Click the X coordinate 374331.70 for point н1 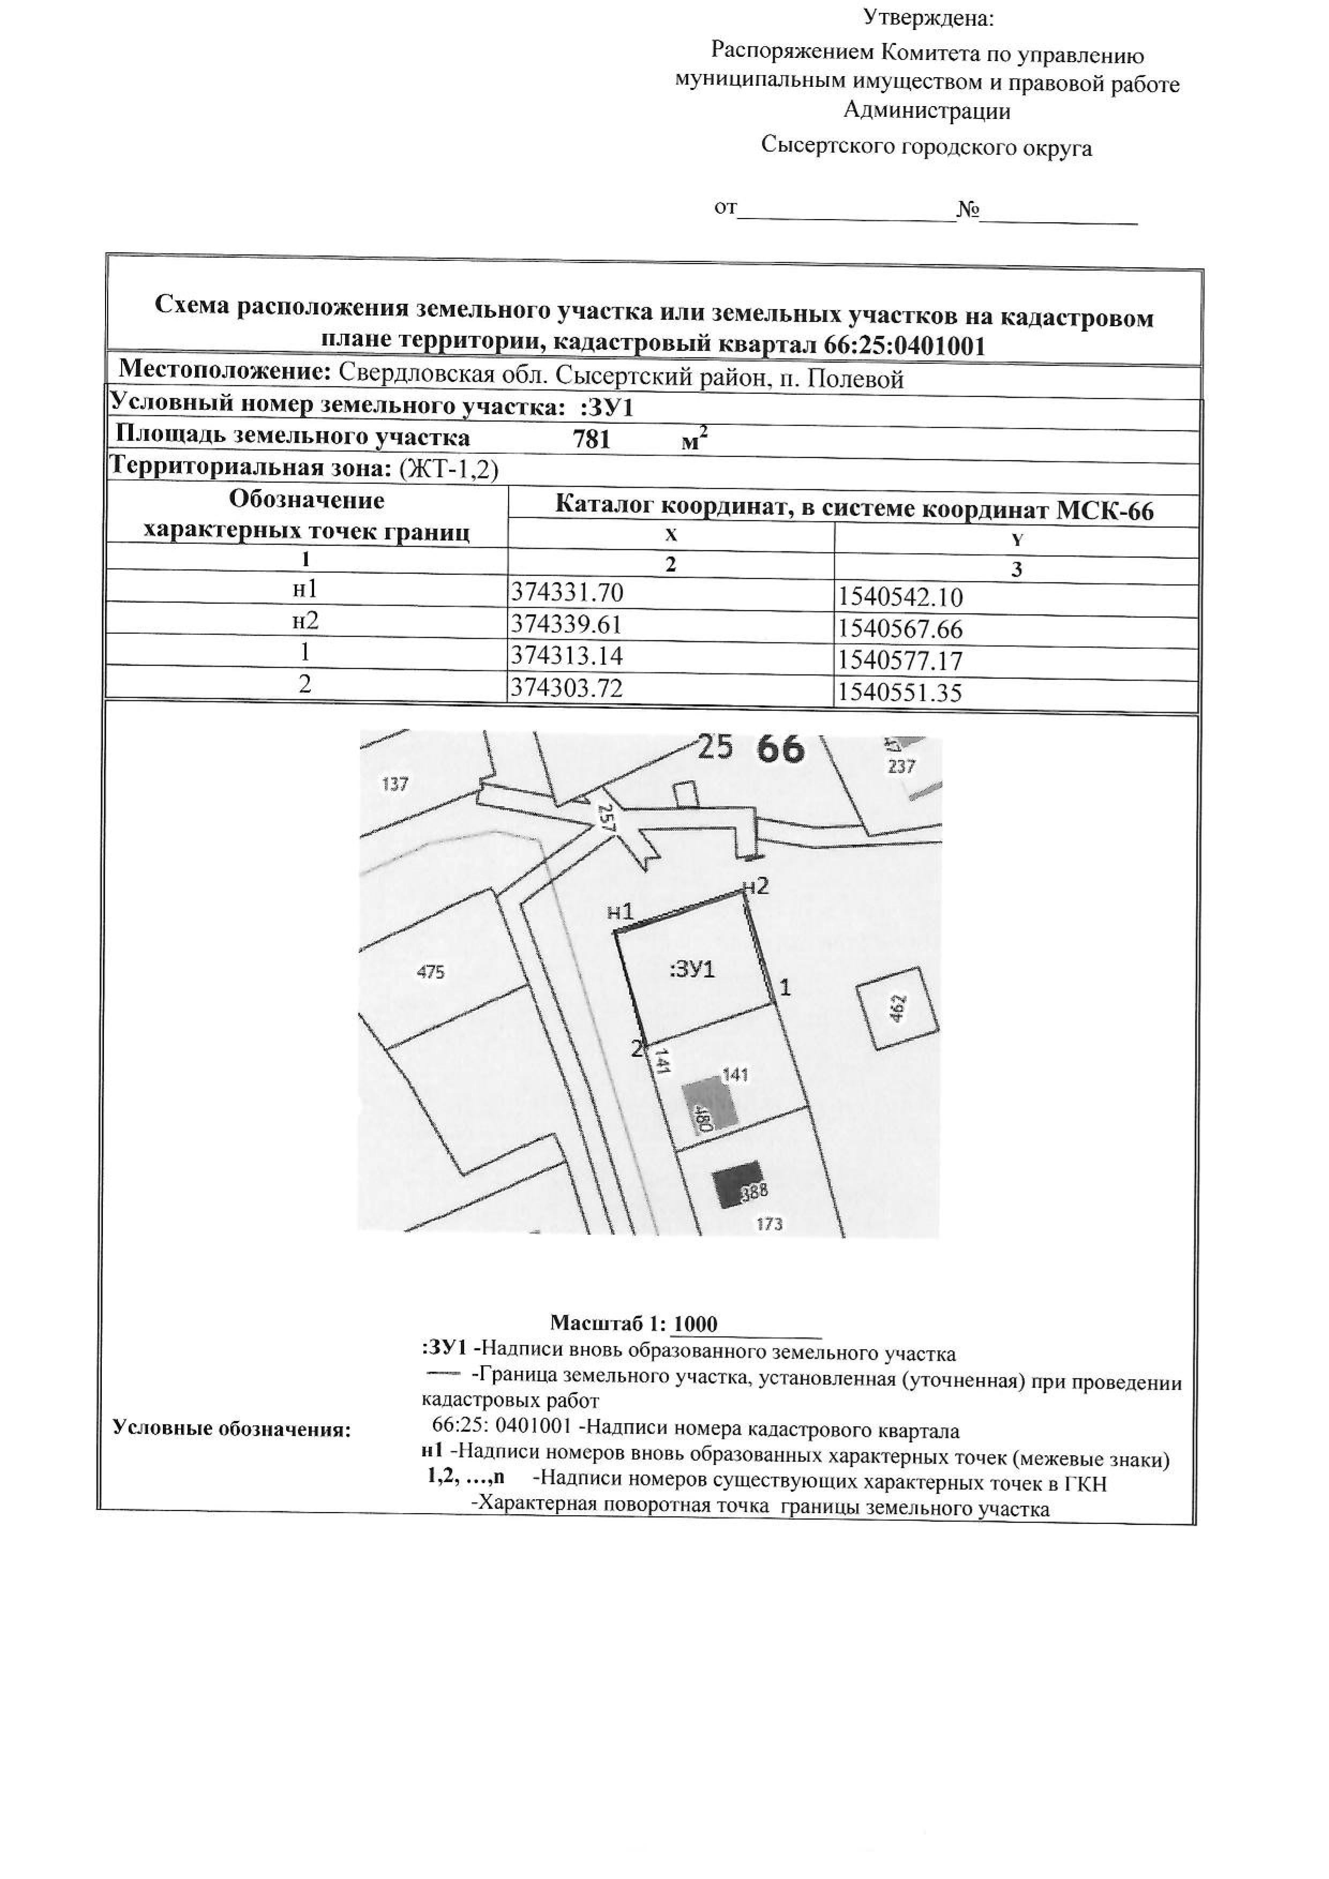[x=566, y=591]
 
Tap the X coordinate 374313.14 [x=566, y=655]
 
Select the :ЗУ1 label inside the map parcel [x=692, y=971]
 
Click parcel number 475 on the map [x=430, y=972]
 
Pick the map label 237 [x=901, y=767]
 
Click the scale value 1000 [x=695, y=1324]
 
